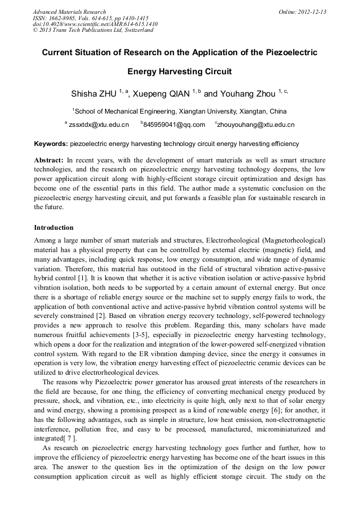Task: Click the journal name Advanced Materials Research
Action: [69, 12]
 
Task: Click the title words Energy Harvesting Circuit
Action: [180, 71]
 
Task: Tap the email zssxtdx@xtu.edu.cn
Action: [99, 125]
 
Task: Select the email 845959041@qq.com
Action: [174, 125]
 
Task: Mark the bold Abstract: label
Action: [49, 160]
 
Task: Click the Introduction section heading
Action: [54, 228]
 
